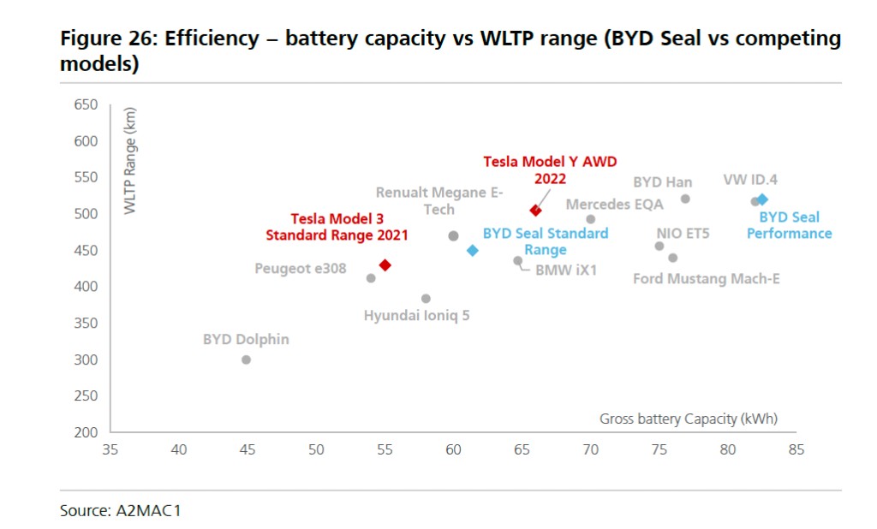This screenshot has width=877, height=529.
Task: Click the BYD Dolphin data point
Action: point(246,360)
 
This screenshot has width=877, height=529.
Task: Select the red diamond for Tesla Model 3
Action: point(385,265)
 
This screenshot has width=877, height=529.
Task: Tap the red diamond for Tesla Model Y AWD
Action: point(535,211)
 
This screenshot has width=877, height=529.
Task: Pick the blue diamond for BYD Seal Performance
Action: point(762,199)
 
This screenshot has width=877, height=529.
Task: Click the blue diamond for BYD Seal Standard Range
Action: point(472,251)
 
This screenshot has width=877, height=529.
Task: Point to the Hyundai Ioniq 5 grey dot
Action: point(426,299)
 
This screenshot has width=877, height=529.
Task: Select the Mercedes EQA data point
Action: point(591,219)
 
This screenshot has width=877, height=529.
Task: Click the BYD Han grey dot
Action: point(685,199)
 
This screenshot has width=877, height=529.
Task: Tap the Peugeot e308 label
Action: point(301,269)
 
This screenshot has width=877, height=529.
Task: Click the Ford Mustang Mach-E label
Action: point(707,279)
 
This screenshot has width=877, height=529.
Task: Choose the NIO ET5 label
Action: point(683,233)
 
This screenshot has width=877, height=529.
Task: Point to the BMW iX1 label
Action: point(566,270)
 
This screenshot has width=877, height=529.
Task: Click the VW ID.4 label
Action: point(750,181)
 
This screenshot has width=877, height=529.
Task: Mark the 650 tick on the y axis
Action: point(87,104)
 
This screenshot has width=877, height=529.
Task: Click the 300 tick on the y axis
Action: point(87,360)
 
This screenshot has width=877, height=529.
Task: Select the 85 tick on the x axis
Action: point(796,449)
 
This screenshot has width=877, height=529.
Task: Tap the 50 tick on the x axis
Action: point(316,449)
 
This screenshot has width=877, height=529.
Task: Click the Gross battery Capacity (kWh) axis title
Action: point(689,419)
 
